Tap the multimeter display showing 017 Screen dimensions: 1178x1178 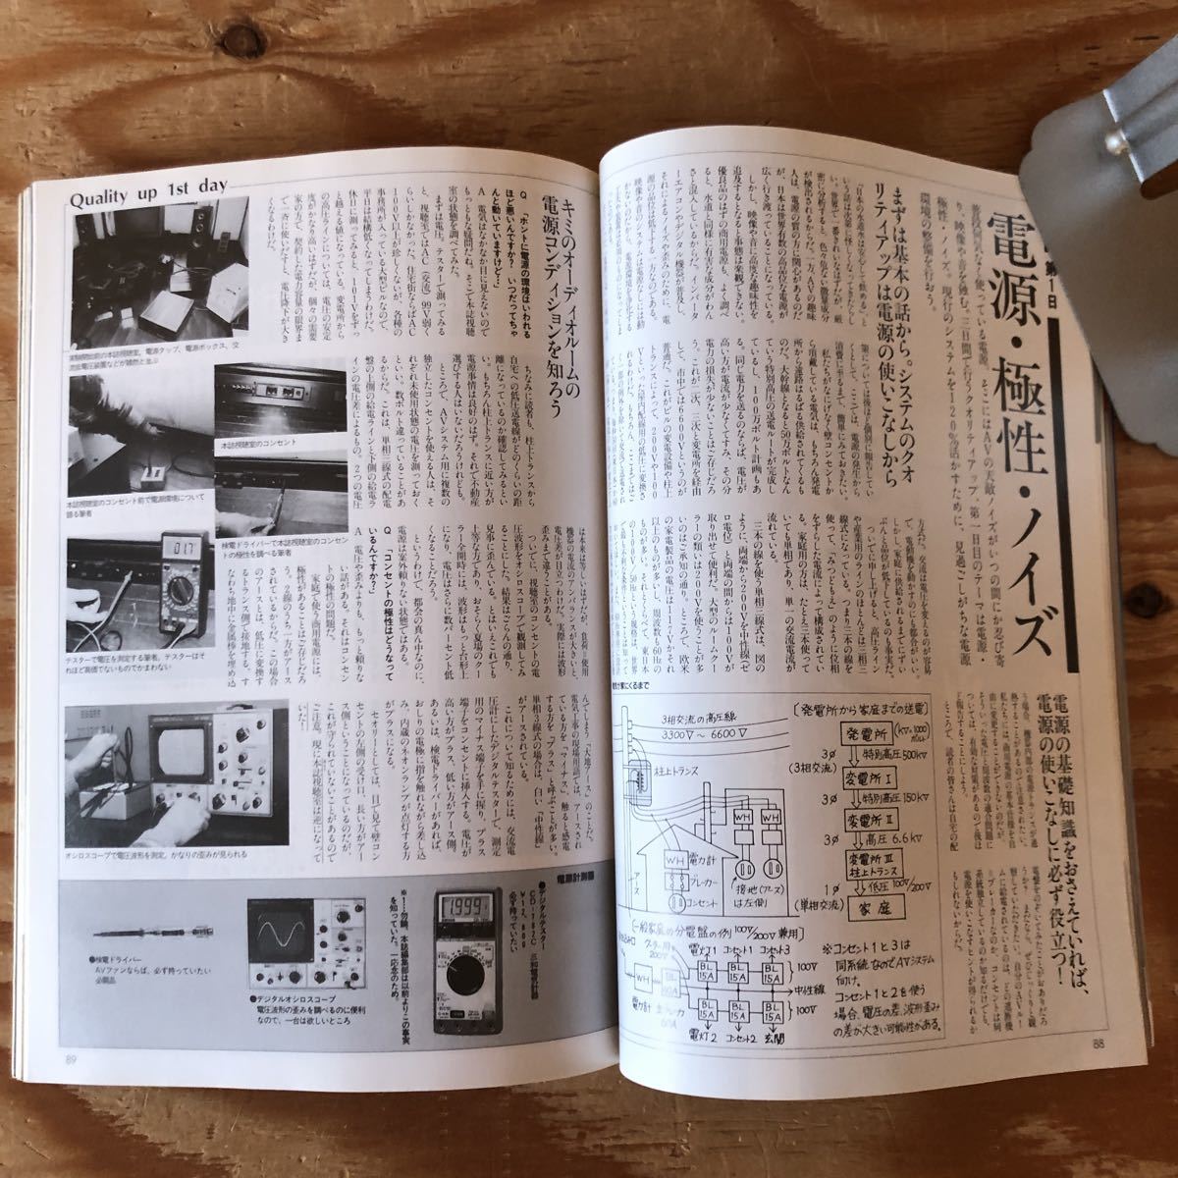[x=184, y=547]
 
